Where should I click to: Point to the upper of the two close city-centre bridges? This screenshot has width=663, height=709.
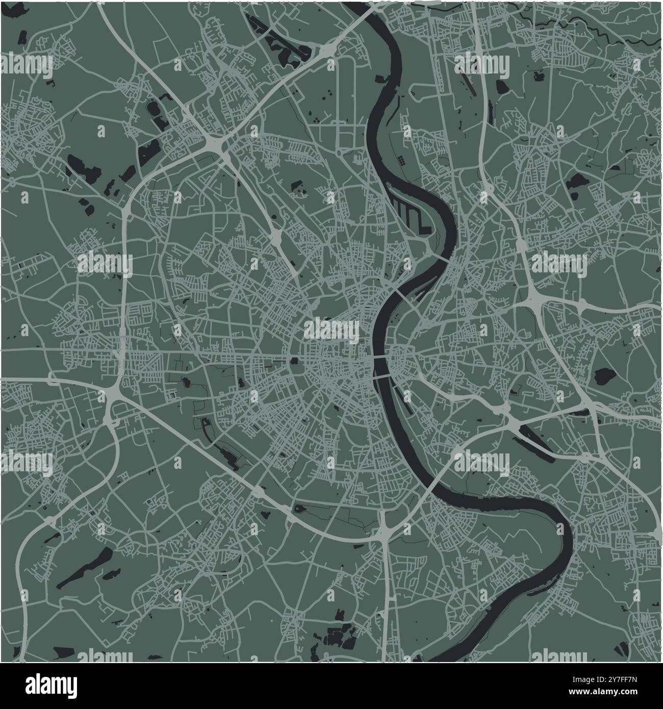381,359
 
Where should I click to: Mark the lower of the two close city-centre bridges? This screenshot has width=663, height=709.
384,376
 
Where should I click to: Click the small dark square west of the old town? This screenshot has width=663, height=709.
295,362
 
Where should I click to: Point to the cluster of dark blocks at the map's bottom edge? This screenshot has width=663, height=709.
337,635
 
